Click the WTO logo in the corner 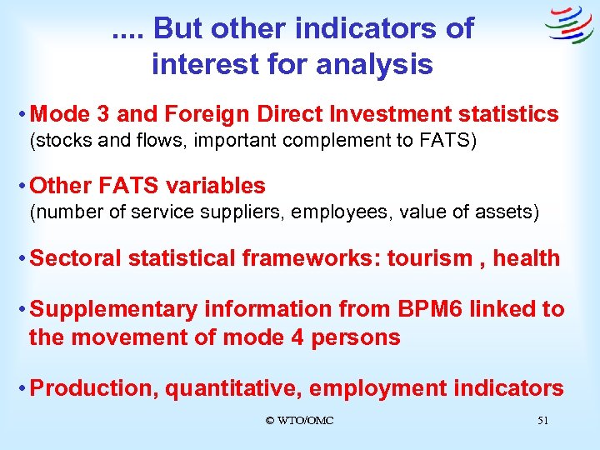569,26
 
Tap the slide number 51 542,421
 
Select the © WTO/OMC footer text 299,421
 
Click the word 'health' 527,258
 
